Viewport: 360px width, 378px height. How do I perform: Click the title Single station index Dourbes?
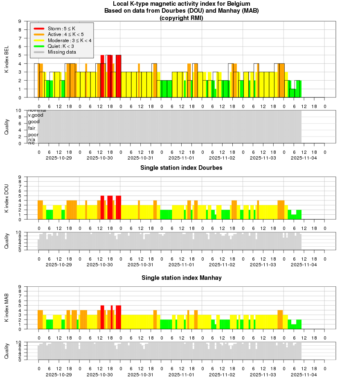pyautogui.click(x=181, y=168)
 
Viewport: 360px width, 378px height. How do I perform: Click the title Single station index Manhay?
pyautogui.click(x=181, y=278)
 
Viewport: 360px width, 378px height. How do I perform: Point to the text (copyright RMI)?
pyautogui.click(x=181, y=18)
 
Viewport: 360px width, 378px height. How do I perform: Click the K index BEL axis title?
pyautogui.click(x=7, y=59)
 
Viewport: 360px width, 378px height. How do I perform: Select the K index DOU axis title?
pyautogui.click(x=7, y=198)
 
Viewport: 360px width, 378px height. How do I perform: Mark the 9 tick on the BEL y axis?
pyautogui.click(x=20, y=21)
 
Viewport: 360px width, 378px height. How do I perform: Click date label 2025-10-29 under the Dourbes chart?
pyautogui.click(x=59, y=265)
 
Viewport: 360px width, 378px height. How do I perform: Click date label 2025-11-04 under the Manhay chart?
pyautogui.click(x=304, y=374)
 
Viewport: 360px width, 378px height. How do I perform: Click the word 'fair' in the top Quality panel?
pyautogui.click(x=32, y=128)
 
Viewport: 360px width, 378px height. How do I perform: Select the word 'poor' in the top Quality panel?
pyautogui.click(x=33, y=135)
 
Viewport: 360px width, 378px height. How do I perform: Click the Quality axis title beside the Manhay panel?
pyautogui.click(x=7, y=351)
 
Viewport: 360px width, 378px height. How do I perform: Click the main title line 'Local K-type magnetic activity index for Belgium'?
pyautogui.click(x=181, y=4)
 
